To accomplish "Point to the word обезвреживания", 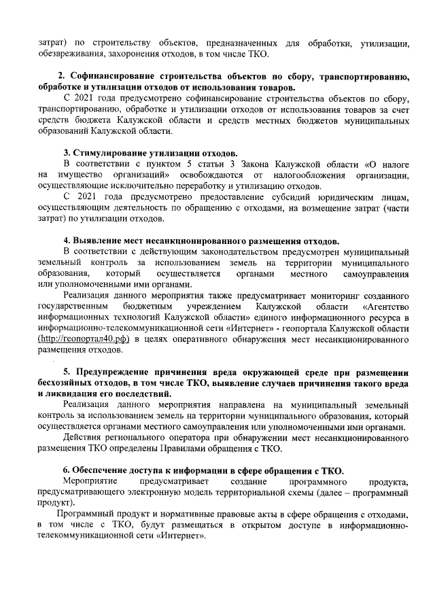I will pyautogui.click(x=73, y=54).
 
